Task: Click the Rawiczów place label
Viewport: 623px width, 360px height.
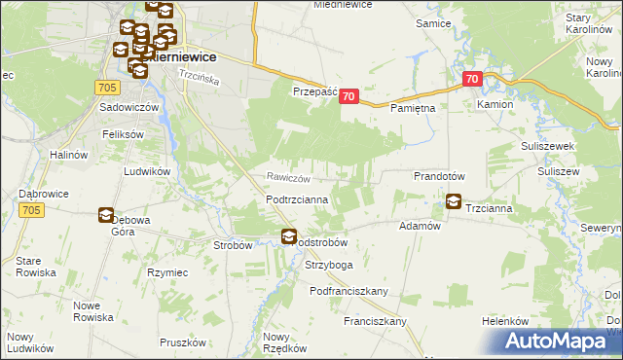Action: (289, 178)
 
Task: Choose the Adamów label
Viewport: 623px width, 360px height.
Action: (421, 225)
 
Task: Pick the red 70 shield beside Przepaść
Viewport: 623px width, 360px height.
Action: (350, 97)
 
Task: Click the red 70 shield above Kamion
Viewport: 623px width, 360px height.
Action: (472, 79)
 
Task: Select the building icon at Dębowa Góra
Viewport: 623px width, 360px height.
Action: (106, 216)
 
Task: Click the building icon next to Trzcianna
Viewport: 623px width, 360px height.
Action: (454, 202)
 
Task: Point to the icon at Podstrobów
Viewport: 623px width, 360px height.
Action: (289, 236)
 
